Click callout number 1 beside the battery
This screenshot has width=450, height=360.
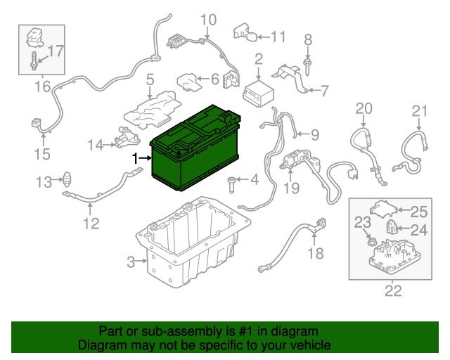135,158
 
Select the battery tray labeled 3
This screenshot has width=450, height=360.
193,243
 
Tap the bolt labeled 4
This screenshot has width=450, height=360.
231,185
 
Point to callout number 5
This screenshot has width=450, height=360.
150,79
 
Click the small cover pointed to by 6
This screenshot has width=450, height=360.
188,82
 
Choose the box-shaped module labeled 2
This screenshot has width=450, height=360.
258,94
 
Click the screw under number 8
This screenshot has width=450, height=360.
307,67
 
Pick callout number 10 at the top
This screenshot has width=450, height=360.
208,20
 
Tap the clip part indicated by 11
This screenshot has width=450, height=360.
245,33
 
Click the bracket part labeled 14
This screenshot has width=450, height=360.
127,137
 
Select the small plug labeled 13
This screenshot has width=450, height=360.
67,179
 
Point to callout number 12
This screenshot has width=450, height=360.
91,224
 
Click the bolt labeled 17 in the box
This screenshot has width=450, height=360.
34,61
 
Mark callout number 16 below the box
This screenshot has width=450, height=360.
43,86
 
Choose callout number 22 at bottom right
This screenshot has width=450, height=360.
393,291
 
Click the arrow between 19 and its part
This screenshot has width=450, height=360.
290,174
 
